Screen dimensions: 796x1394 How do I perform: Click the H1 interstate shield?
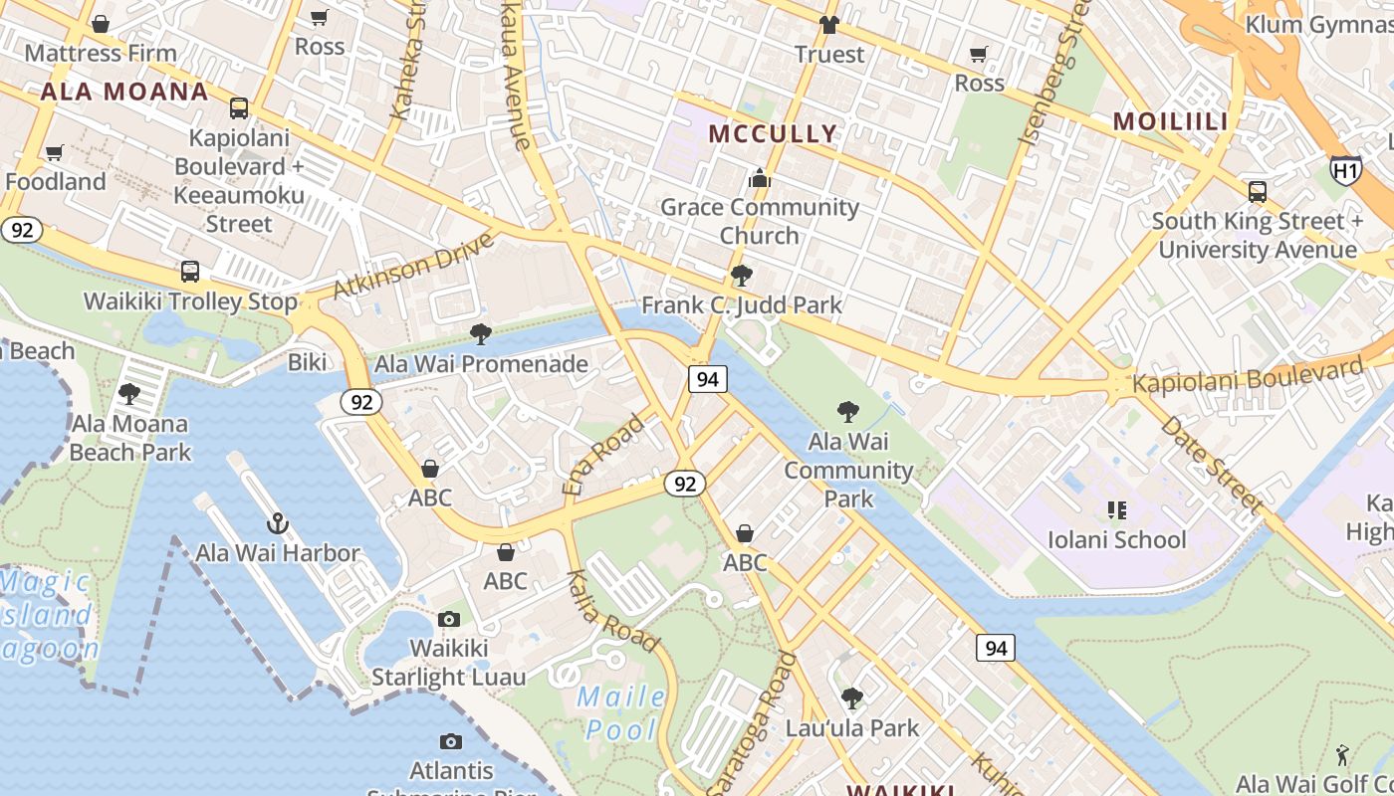click(x=1345, y=171)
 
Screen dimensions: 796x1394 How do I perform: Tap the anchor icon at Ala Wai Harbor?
click(x=277, y=522)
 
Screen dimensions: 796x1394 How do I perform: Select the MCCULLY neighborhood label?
click(x=773, y=133)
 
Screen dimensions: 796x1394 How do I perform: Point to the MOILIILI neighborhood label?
click(x=1170, y=121)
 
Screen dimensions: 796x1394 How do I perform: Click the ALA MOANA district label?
click(x=124, y=93)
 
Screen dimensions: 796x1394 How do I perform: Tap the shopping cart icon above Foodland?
click(x=55, y=152)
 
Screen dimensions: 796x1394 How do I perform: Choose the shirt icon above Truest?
click(x=828, y=24)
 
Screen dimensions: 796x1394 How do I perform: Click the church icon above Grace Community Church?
click(x=760, y=178)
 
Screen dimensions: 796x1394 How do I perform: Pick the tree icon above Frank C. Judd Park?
click(x=741, y=276)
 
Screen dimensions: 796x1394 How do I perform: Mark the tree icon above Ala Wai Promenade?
click(x=481, y=334)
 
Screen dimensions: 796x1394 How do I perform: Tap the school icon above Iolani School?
click(x=1116, y=510)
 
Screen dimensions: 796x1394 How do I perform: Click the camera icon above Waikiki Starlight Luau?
click(x=449, y=619)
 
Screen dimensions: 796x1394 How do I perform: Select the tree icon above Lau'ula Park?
click(x=851, y=698)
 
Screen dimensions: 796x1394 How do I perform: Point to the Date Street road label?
click(x=1211, y=465)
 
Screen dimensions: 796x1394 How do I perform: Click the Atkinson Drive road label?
click(x=413, y=266)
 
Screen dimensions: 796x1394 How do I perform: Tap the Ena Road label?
click(x=604, y=455)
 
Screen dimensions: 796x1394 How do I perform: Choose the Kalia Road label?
click(x=611, y=610)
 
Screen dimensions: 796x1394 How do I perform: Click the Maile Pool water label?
click(x=622, y=712)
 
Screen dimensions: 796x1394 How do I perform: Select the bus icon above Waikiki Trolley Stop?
click(x=190, y=271)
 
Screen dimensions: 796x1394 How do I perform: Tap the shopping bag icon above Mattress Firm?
click(x=100, y=24)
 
